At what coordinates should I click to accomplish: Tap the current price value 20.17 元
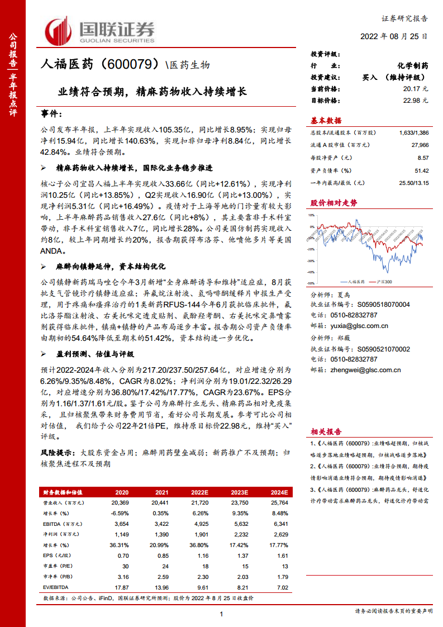coord(415,88)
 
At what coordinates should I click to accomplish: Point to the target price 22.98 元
coord(415,100)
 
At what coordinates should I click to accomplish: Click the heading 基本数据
coord(326,121)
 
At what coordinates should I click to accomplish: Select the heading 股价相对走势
coord(334,202)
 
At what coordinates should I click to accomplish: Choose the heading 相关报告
coord(326,431)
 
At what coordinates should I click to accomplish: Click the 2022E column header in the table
coord(199,492)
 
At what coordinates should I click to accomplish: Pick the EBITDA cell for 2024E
coord(279,524)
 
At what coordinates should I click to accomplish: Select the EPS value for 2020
coord(122,555)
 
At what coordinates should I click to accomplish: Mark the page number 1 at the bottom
coord(222,615)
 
